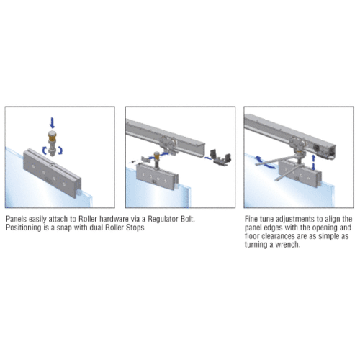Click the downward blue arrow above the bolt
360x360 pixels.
point(52,122)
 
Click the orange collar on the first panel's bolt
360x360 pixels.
point(52,138)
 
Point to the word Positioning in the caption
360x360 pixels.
point(24,228)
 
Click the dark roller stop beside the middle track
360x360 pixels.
point(220,158)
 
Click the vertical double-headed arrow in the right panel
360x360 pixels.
point(313,163)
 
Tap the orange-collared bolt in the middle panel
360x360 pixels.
point(156,160)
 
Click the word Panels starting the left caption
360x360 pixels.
point(16,219)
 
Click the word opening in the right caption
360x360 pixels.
point(325,228)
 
